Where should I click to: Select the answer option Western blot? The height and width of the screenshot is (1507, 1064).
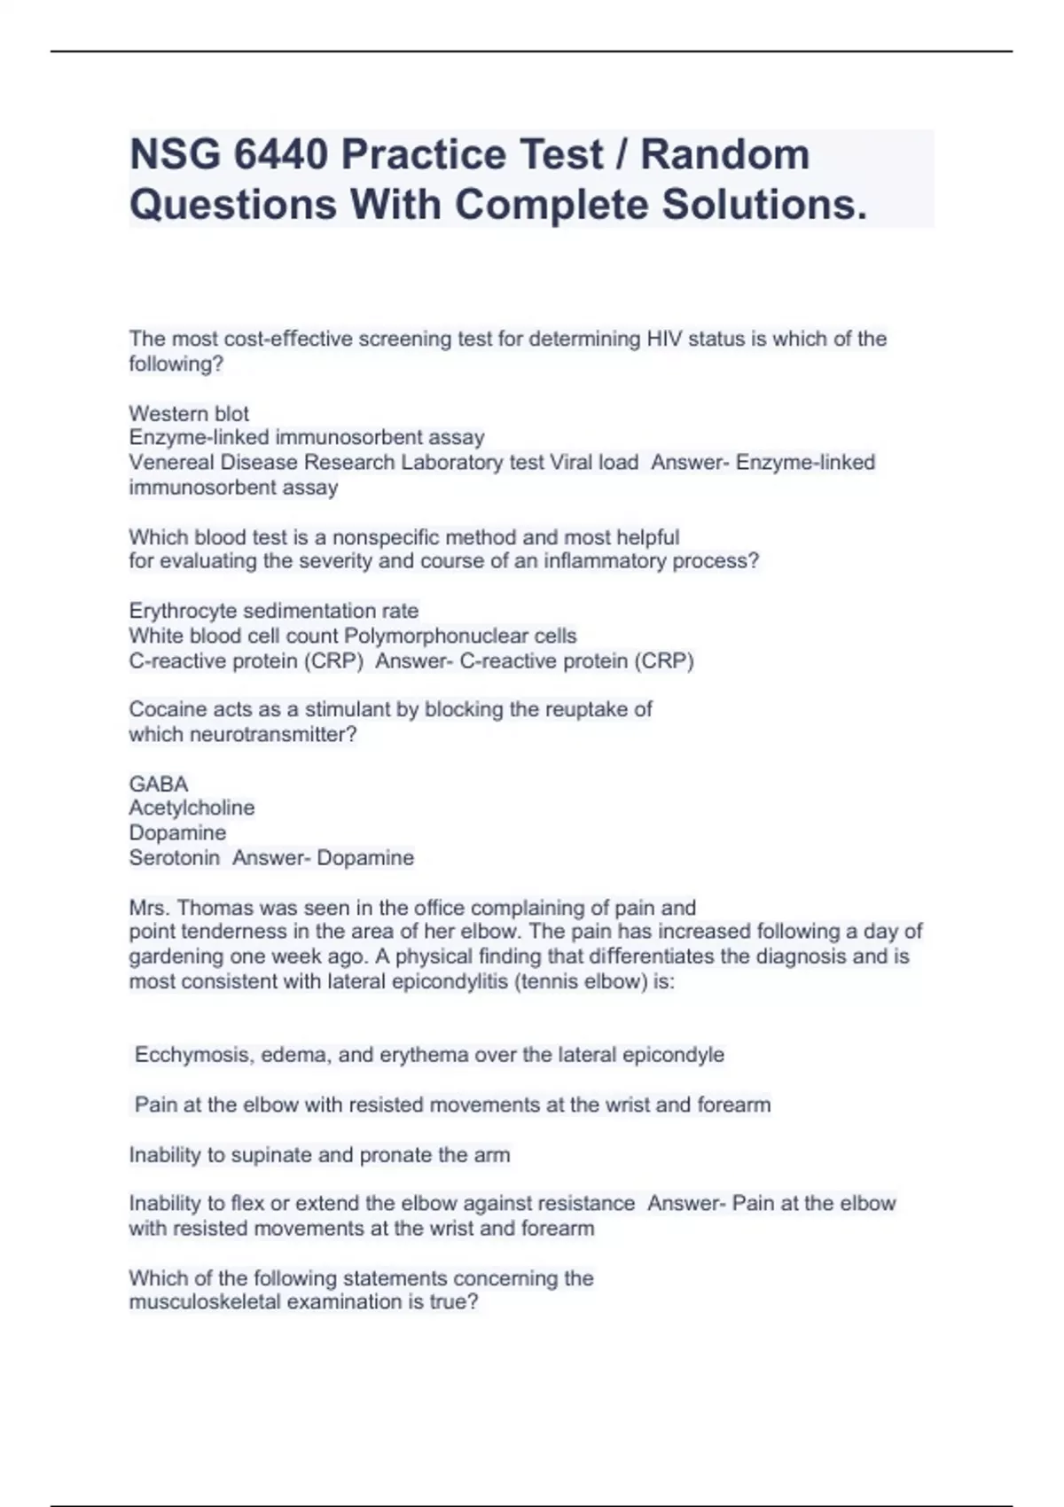coord(189,413)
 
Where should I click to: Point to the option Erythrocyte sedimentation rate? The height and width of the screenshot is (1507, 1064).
coord(273,611)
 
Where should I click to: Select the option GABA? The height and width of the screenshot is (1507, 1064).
coord(159,784)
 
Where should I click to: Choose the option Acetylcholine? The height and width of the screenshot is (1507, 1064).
coord(192,808)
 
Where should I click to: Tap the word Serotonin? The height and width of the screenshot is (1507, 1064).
coord(174,857)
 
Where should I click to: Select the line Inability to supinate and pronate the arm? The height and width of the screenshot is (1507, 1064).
coord(319,1154)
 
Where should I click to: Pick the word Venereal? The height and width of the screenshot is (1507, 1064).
coord(170,462)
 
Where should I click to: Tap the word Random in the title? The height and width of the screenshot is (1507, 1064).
coord(724,155)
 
